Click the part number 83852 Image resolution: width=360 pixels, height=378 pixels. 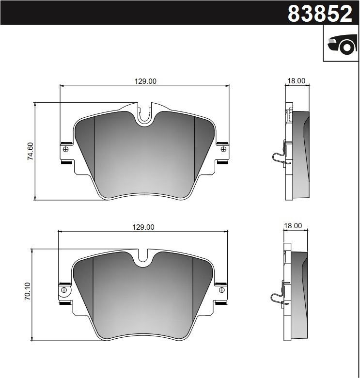pos(320,14)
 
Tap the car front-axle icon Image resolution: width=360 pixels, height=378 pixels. pos(341,45)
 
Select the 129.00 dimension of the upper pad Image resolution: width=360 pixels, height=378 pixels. pos(145,81)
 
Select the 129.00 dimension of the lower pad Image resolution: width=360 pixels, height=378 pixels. pos(143,227)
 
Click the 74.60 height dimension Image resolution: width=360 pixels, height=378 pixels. pos(30,151)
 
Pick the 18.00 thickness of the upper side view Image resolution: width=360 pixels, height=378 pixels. pos(297,81)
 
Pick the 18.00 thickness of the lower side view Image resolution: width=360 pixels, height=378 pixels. pos(293,225)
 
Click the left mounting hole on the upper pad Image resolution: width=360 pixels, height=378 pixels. pos(66,149)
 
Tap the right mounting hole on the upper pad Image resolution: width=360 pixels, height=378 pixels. pos(223,149)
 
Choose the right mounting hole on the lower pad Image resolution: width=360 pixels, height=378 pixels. pos(221,290)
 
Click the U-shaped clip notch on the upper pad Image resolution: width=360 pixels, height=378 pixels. pos(144,114)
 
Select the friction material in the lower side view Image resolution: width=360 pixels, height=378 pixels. pos(299,296)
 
